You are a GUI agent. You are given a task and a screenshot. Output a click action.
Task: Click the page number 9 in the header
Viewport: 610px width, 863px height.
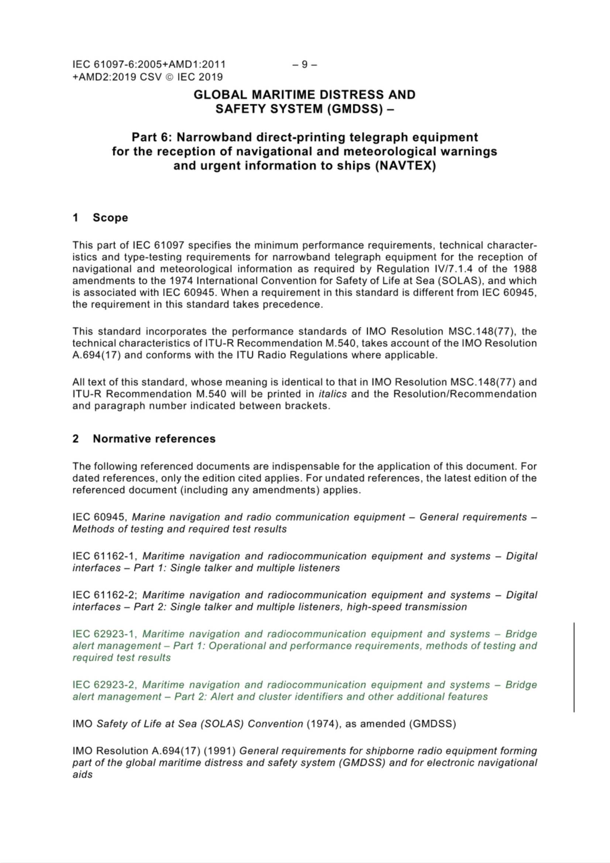click(304, 65)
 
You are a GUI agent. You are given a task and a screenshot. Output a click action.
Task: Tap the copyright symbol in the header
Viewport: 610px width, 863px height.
click(170, 77)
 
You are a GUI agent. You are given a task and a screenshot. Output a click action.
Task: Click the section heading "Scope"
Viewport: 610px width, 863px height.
click(110, 218)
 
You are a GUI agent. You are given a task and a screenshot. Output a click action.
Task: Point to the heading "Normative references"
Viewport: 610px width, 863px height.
click(154, 439)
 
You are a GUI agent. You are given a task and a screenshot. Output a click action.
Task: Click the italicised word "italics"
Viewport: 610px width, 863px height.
click(332, 394)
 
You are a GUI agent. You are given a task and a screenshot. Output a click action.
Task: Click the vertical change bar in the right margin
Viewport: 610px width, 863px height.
click(574, 667)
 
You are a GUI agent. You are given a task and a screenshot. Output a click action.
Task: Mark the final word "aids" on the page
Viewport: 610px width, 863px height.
click(82, 774)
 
